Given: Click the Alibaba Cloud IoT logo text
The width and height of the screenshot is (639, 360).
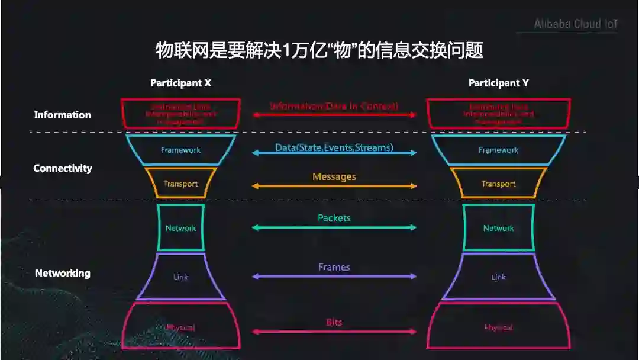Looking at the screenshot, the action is pos(575,24).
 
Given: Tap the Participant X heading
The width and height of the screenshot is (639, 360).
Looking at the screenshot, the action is pos(180,83).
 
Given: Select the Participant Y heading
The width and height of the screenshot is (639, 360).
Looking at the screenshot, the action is pos(498,83).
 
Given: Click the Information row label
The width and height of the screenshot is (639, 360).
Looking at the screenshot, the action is pos(62,115).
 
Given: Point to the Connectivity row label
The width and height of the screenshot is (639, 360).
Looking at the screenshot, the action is pos(62,168).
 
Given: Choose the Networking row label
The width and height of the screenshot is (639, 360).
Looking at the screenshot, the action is pos(62,273).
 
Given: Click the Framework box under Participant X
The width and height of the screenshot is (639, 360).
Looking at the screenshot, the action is pos(180,150).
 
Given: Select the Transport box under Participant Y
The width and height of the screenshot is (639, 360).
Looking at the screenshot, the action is pos(498,184).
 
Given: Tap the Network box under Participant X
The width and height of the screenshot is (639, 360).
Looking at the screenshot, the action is pos(180,228).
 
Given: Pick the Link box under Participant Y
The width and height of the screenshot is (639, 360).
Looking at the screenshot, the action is pos(498,277).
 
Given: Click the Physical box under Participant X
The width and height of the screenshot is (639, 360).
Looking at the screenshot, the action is pos(180,327).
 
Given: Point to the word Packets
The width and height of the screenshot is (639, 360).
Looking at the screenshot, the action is pos(334,218).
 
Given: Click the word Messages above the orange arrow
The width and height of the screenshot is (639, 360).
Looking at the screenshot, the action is pos(334,176).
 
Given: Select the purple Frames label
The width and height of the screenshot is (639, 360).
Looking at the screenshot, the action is pos(334,267).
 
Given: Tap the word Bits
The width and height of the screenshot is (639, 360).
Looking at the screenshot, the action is pos(334,323).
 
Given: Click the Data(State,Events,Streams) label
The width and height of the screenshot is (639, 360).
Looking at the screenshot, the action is pos(334,147).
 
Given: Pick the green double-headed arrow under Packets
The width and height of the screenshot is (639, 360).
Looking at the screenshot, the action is pos(334,227).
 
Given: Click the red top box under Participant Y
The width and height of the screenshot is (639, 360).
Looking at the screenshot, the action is pos(498,114).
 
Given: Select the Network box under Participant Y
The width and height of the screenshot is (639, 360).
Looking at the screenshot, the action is pos(498,228).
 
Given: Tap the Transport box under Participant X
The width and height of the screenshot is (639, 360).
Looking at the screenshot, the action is pos(180,184).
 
